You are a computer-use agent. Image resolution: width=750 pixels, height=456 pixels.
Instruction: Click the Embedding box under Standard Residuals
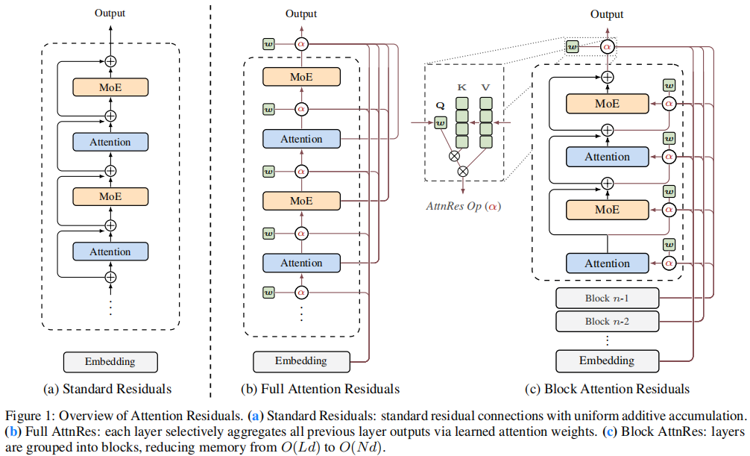click(110, 362)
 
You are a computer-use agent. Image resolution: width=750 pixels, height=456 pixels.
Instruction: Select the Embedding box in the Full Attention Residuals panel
click(301, 361)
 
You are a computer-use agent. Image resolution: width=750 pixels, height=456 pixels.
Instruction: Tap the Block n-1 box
click(607, 299)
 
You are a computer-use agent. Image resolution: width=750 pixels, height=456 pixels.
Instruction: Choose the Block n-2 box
click(607, 322)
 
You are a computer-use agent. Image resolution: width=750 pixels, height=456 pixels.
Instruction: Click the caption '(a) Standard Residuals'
click(107, 389)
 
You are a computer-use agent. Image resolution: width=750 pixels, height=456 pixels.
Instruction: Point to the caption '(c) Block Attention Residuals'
click(607, 389)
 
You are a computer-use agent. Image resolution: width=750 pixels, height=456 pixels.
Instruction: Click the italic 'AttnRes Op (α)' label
click(464, 207)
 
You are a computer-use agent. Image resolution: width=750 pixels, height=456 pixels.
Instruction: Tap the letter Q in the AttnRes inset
click(440, 106)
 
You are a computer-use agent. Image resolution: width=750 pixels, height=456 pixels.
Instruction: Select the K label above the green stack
click(461, 87)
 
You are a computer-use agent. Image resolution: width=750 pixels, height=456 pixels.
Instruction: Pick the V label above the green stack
click(485, 87)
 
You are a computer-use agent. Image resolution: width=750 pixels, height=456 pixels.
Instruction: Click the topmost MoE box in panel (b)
click(301, 77)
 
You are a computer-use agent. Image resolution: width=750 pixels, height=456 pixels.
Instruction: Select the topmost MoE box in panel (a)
click(110, 87)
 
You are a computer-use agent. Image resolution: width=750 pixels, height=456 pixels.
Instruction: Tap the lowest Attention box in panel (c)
click(607, 263)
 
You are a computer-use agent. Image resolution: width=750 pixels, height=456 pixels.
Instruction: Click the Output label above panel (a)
click(110, 13)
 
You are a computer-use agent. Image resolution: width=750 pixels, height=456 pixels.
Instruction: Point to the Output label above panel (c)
click(607, 14)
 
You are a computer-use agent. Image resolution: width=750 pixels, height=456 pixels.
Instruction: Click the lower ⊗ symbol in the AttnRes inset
click(463, 171)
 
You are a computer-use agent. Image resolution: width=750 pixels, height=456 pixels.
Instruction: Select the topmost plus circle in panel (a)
click(110, 61)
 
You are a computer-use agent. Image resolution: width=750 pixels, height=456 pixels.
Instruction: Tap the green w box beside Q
click(441, 123)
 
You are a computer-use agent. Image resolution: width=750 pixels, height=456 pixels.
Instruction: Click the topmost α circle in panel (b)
click(301, 44)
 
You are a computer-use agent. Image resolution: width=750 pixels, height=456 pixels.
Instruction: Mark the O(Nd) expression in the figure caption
click(362, 448)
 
